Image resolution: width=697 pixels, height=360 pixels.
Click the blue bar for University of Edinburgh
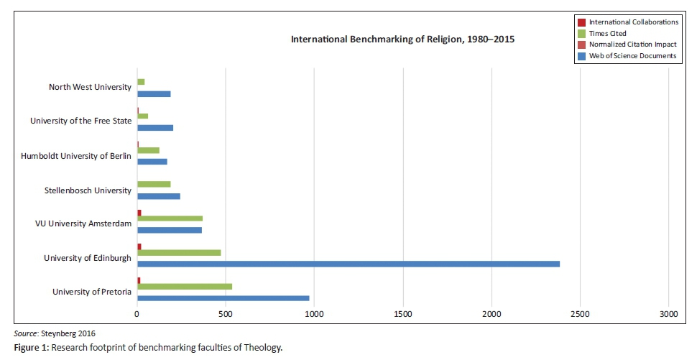point(348,264)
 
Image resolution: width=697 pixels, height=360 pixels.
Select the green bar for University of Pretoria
point(185,286)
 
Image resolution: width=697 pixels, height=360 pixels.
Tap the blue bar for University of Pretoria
point(223,297)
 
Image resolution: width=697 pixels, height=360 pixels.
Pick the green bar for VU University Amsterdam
point(170,218)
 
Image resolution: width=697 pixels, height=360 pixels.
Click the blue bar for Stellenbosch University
point(159,195)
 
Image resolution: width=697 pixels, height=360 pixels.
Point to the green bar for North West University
point(141,82)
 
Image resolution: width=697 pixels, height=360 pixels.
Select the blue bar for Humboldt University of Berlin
point(152,161)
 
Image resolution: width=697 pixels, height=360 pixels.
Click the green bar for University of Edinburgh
point(179,252)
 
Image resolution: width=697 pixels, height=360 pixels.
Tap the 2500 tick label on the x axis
point(580,315)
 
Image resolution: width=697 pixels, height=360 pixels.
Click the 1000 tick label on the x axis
point(314,315)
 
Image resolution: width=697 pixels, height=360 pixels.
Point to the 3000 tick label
point(668,315)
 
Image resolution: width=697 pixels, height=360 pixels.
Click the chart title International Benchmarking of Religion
point(402,39)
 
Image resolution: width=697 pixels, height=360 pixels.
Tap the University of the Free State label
point(81,121)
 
